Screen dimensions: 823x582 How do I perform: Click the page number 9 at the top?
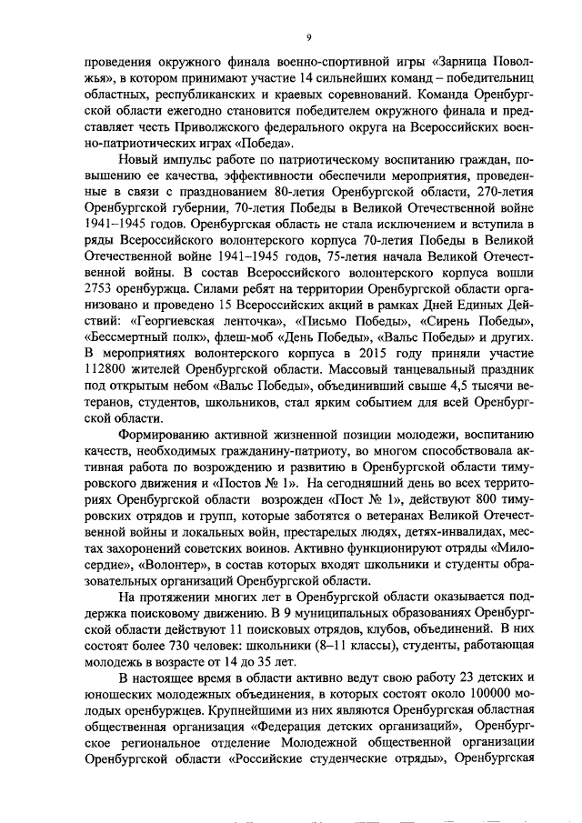coord(308,37)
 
